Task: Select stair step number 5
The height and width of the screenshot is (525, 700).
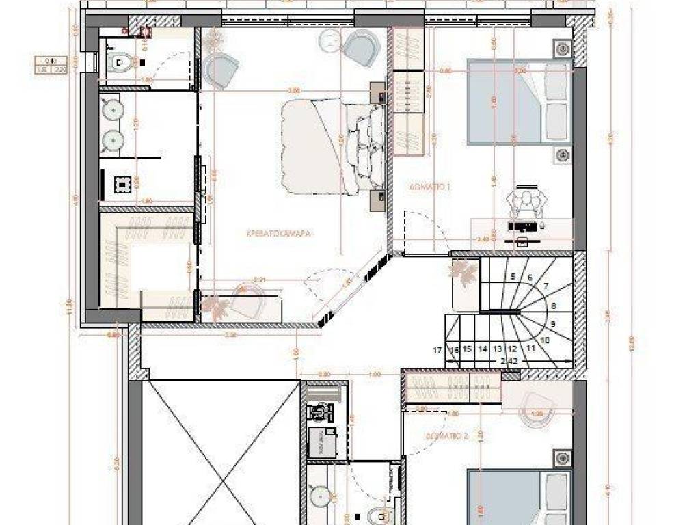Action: coord(511,277)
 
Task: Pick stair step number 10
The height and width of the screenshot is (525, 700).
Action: coord(545,339)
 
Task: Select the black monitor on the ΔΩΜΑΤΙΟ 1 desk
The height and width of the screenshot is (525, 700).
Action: coord(523,224)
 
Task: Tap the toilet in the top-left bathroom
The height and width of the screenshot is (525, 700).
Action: coord(121,63)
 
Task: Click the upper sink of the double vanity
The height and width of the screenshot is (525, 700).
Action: coord(111,107)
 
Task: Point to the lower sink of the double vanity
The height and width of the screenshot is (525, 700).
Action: coord(111,140)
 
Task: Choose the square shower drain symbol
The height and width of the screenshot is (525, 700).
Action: coord(122,185)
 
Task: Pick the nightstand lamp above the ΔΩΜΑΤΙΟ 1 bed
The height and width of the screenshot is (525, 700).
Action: coord(562,49)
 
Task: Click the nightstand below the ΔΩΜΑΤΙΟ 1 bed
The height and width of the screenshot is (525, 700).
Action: coord(562,155)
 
